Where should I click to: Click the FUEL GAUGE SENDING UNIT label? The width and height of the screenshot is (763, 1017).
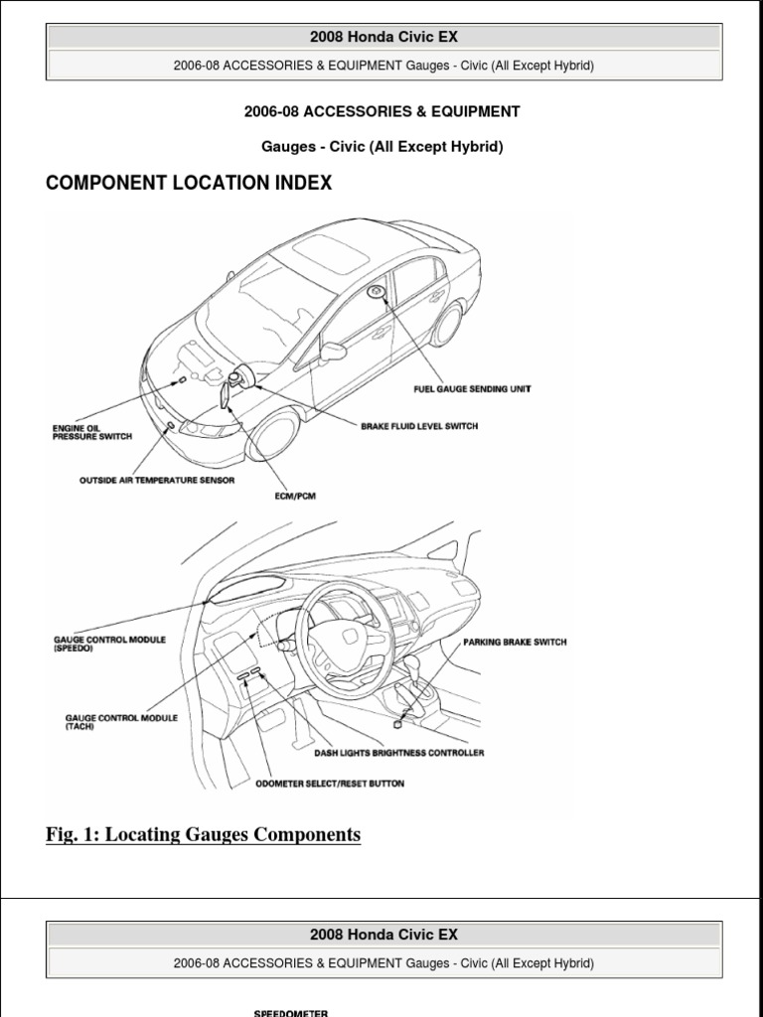[x=472, y=389]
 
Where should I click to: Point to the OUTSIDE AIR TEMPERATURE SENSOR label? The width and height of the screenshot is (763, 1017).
[x=157, y=481]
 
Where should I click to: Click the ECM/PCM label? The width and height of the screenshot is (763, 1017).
[x=296, y=497]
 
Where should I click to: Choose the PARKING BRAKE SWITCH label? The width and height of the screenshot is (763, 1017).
[x=515, y=643]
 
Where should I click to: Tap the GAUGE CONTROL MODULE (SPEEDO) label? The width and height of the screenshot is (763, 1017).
[x=108, y=644]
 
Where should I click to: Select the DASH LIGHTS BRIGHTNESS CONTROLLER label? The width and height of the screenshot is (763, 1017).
[x=399, y=753]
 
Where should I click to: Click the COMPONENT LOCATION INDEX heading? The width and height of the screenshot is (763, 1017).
[x=189, y=183]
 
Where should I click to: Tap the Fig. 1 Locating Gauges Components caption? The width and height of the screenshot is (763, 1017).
[x=203, y=834]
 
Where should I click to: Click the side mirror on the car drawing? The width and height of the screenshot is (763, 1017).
[x=333, y=351]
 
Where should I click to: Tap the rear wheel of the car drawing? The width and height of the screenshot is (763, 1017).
[x=447, y=324]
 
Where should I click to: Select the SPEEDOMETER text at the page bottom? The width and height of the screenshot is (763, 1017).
[x=292, y=1013]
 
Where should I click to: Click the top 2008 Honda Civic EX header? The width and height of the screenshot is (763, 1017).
[x=383, y=38]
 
